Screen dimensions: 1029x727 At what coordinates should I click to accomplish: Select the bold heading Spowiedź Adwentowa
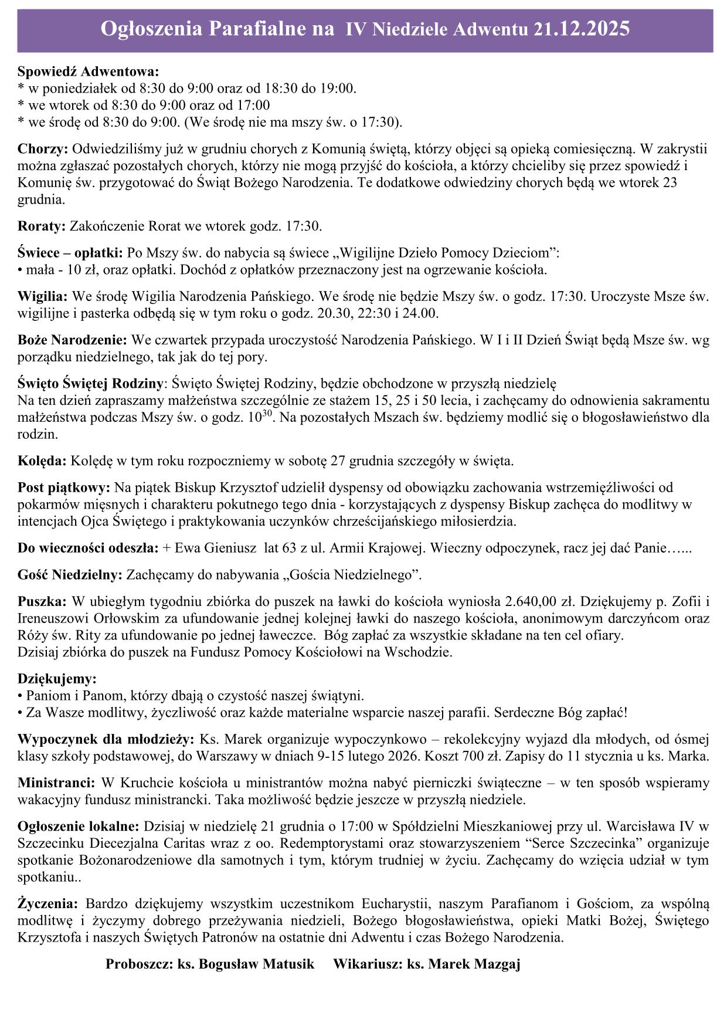click(x=89, y=72)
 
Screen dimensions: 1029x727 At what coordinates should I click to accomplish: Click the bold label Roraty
click(x=43, y=226)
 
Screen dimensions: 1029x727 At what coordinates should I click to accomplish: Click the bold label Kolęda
click(x=43, y=461)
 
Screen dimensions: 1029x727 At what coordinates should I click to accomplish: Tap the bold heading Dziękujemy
click(x=57, y=679)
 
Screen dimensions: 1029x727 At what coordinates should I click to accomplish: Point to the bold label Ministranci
click(x=56, y=783)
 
